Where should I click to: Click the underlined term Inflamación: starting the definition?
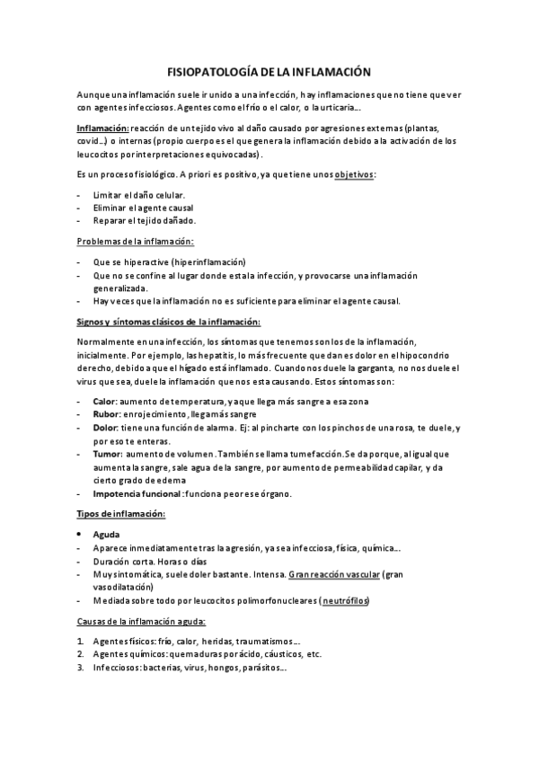103,128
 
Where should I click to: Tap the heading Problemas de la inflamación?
134,242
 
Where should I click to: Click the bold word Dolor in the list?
106,428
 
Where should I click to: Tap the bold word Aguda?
107,534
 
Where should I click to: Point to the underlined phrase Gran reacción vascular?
331,573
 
